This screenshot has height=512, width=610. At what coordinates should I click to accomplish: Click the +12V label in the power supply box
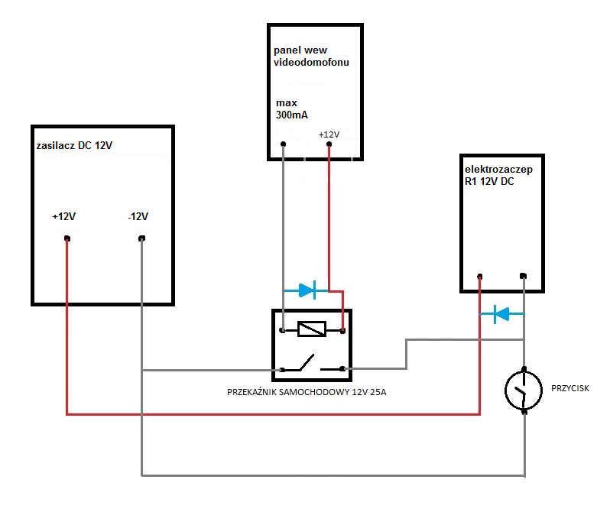tap(63, 216)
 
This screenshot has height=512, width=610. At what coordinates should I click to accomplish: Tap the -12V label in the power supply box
tap(138, 216)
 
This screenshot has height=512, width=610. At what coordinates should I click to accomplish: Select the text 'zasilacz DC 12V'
tap(74, 145)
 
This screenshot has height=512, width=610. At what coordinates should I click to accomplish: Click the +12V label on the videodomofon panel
tap(329, 134)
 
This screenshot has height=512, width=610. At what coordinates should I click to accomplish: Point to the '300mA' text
tap(292, 115)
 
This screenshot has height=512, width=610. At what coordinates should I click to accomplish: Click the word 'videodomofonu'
tap(311, 62)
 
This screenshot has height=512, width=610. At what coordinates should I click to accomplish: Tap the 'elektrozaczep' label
tap(498, 170)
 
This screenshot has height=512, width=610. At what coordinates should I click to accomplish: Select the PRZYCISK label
tap(570, 388)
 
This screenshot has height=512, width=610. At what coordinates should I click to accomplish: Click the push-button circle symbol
tap(524, 390)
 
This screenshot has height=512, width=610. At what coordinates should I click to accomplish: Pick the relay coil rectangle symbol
tap(312, 329)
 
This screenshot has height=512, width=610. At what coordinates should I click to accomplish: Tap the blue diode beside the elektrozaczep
tap(502, 314)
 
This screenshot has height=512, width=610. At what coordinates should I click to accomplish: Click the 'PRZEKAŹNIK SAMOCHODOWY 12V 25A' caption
tap(307, 392)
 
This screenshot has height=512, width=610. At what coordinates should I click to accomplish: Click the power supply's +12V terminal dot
tap(67, 238)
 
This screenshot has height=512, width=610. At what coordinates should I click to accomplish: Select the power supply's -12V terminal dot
tap(141, 238)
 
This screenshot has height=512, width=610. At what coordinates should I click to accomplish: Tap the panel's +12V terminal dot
tap(329, 144)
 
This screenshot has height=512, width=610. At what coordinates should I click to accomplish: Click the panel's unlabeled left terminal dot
tap(283, 144)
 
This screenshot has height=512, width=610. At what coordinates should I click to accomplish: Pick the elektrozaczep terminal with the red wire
tap(480, 277)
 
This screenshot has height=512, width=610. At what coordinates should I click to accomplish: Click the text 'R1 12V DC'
tap(489, 182)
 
